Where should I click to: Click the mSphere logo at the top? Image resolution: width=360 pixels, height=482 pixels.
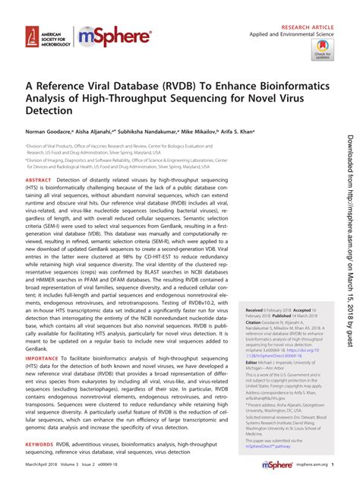click(108, 36)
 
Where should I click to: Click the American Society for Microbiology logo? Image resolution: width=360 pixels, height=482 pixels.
click(46, 36)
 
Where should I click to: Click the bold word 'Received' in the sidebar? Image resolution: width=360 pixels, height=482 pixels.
click(253, 332)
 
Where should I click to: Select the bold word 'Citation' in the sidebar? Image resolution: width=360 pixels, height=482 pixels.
click(252, 344)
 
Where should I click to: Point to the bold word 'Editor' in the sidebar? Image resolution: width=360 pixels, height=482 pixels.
click(249, 384)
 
